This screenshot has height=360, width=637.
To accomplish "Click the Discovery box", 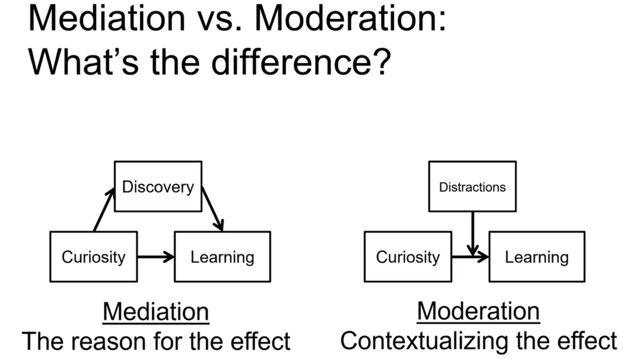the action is (158, 187).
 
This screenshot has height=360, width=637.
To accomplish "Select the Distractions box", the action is (472, 187).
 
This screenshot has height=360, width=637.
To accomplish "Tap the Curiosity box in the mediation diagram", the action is (94, 257).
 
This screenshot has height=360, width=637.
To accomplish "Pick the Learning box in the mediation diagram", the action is (222, 257).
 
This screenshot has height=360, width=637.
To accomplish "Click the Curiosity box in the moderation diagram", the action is (408, 257).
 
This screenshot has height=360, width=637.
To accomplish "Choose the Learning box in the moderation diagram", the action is (537, 257).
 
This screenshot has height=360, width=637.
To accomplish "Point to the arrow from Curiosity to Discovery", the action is (104, 210).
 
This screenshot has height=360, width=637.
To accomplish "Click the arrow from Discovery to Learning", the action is (213, 209).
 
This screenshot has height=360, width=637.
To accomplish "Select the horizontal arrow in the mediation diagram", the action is (156, 257).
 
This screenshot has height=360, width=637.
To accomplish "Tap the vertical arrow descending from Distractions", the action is (473, 234).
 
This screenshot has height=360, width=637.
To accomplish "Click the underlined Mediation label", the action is (156, 312).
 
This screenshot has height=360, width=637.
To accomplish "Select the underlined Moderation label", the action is (478, 312).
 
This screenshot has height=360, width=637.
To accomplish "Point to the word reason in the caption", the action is (108, 341).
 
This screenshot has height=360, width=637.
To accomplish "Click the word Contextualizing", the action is (424, 341).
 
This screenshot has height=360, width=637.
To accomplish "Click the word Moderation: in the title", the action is (350, 19).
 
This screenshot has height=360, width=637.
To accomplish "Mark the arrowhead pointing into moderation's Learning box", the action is (483, 257).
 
